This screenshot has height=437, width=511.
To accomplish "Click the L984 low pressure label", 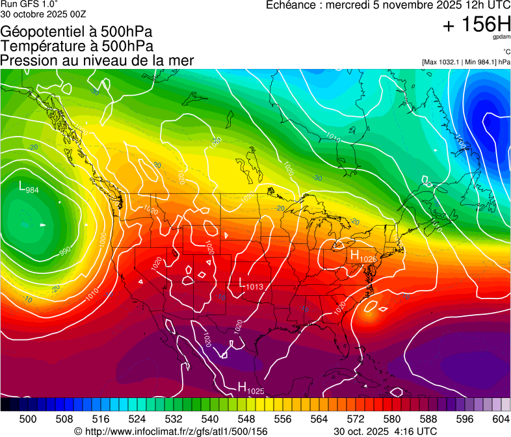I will point(29,188).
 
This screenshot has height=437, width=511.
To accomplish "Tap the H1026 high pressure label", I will point(363,256).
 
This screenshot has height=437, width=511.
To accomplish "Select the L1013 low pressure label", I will point(251,284).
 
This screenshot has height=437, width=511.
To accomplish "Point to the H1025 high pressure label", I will point(250,388).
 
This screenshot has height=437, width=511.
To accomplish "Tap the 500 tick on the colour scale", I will point(28,419).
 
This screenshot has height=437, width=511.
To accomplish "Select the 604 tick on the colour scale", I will point(501,419).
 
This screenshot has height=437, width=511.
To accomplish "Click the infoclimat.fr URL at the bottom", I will point(170,431).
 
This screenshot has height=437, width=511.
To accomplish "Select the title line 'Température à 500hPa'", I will point(77,46).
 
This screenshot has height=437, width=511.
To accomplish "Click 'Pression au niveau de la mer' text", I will point(97,60).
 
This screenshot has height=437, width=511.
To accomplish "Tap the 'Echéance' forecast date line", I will point(388,5).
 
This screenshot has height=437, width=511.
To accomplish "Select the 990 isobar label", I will point(65,250).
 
